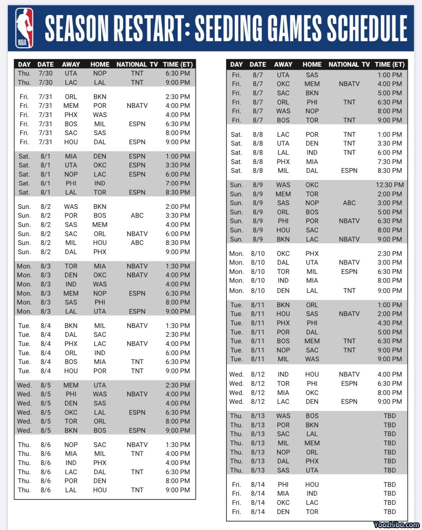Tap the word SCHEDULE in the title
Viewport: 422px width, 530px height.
(367, 28)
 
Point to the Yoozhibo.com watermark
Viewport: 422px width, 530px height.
(396, 525)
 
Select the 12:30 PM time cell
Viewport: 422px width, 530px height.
(389, 185)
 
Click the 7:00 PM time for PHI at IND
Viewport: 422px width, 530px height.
(178, 183)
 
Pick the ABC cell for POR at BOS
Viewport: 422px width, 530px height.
(137, 215)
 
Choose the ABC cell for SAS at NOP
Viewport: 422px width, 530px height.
(349, 203)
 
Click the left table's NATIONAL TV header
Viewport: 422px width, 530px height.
(137, 64)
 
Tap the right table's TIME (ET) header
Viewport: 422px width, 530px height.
(389, 64)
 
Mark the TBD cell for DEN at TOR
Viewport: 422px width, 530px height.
(389, 512)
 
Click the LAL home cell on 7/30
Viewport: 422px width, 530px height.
(100, 82)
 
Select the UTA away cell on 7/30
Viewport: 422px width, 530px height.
(71, 73)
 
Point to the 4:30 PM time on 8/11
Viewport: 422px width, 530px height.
(389, 323)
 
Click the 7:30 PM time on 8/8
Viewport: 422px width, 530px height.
(389, 162)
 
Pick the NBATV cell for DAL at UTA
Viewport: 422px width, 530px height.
(349, 262)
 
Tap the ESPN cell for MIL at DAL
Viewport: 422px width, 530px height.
(349, 170)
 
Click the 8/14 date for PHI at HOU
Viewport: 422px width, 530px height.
(258, 484)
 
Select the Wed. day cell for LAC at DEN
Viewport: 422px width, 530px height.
(236, 401)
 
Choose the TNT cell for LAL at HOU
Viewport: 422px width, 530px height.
(137, 490)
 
